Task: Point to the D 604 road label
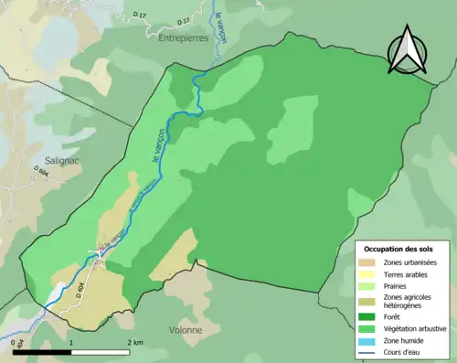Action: (41, 172)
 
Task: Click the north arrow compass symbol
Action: (408, 49)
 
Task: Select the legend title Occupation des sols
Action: (399, 248)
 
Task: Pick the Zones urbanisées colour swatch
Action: (366, 263)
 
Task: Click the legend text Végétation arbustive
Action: (412, 328)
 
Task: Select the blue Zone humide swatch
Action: (366, 340)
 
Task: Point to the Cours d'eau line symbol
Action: (366, 351)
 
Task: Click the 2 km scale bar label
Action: (134, 343)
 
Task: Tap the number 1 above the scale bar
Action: (72, 343)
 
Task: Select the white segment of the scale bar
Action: (102, 353)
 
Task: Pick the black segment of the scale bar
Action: (42, 353)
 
